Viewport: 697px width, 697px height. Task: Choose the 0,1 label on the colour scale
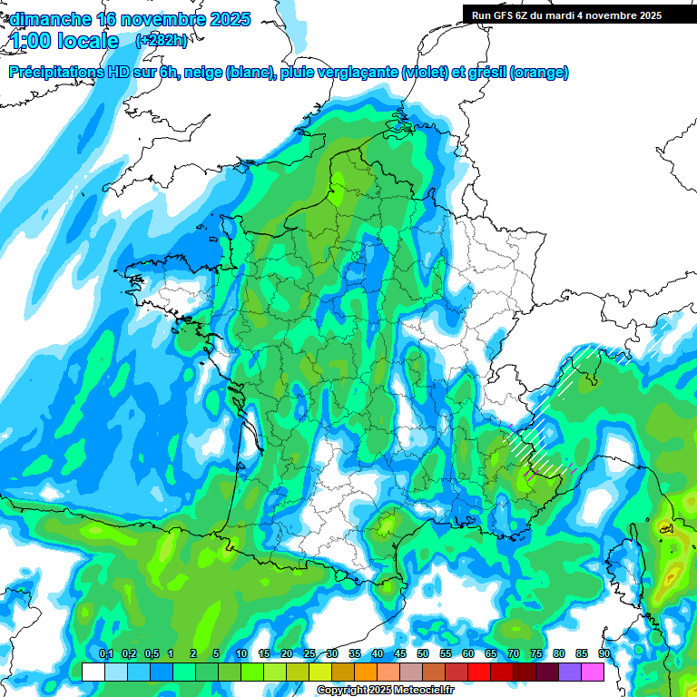click(x=105, y=654)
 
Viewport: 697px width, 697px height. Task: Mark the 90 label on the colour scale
click(x=604, y=654)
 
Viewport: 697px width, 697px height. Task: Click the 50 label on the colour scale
click(x=423, y=654)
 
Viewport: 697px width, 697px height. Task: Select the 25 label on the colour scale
click(x=309, y=654)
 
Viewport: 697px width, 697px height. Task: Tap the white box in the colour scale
click(x=93, y=672)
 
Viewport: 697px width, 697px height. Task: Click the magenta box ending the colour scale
click(x=593, y=672)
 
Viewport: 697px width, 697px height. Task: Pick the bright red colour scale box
click(x=479, y=672)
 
